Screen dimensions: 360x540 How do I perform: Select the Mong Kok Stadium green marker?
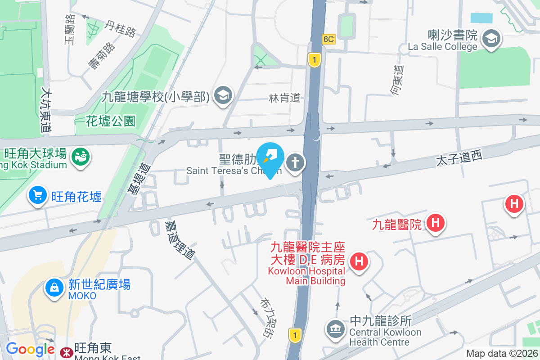pyautogui.click(x=82, y=157)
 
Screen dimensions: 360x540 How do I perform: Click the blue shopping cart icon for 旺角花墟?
pyautogui.click(x=38, y=196)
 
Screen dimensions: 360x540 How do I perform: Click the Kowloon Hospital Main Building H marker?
pyautogui.click(x=359, y=261)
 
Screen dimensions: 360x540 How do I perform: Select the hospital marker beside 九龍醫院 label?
pyautogui.click(x=435, y=222)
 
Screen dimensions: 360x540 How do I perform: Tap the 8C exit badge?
pyautogui.click(x=328, y=39)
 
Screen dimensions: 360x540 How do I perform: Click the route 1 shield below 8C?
pyautogui.click(x=314, y=59)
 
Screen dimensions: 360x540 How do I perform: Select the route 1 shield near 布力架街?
pyautogui.click(x=295, y=335)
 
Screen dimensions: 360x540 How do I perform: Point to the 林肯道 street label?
pyautogui.click(x=284, y=98)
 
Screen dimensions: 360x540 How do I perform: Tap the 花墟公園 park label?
pyautogui.click(x=111, y=121)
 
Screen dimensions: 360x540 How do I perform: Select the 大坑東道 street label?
pyautogui.click(x=45, y=110)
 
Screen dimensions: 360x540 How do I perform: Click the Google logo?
pyautogui.click(x=30, y=349)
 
